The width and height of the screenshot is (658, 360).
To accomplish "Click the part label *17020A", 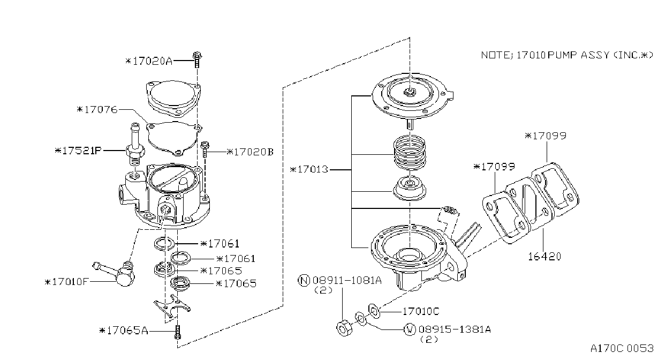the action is (x=149, y=61).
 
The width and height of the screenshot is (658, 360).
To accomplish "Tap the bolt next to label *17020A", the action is (x=197, y=59).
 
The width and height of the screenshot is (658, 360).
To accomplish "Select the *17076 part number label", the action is (x=97, y=110).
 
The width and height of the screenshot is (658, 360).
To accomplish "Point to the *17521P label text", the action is (x=78, y=151).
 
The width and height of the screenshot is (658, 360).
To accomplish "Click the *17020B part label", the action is (x=250, y=152).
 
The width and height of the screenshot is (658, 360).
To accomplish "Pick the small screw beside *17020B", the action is (x=205, y=149).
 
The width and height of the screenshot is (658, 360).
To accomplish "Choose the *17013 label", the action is (x=309, y=169).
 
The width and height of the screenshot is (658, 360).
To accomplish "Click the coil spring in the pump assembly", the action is (x=410, y=153).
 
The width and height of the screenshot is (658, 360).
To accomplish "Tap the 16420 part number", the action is (x=544, y=257).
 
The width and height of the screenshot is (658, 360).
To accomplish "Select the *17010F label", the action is (x=66, y=282).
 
